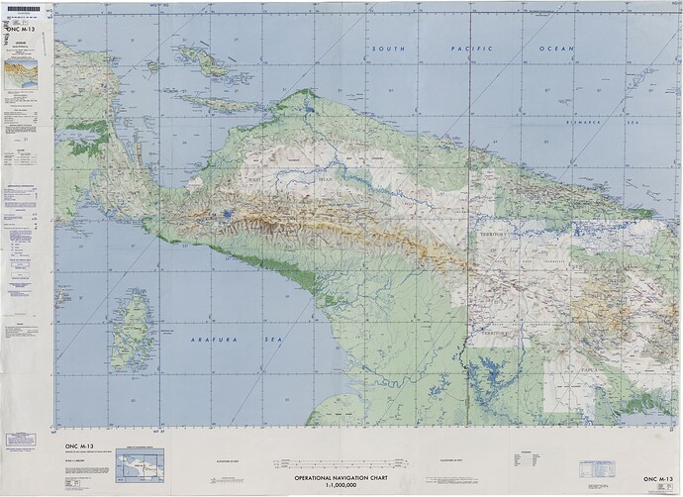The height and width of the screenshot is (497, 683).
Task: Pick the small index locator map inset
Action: click(138, 465)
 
